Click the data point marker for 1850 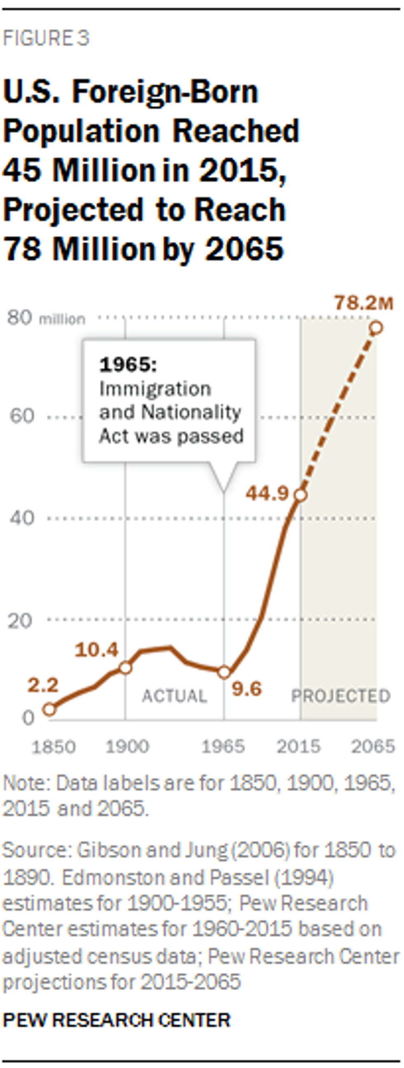point(49,709)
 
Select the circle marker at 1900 point(125,667)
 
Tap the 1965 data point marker point(224,672)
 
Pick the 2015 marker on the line point(301,495)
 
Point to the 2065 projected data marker point(376,328)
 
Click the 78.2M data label point(364,303)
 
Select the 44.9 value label point(267,493)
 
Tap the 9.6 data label point(247,689)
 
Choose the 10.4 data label point(96,650)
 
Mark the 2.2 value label point(43,685)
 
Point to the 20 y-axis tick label point(20,621)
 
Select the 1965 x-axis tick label point(223,746)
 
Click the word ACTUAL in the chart point(174,696)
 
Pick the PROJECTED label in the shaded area point(341,696)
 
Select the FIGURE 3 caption point(46,39)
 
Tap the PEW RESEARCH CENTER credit point(117,1020)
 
